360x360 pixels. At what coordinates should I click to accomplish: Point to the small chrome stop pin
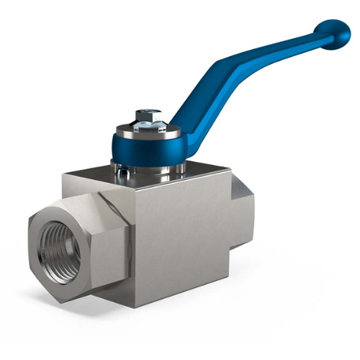[125, 171]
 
